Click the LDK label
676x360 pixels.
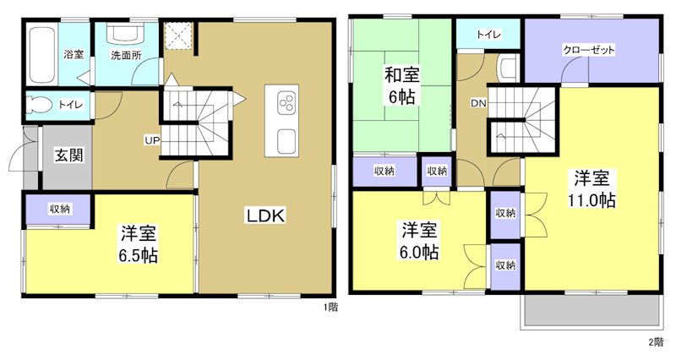[266, 215]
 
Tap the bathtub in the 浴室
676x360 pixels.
[41, 55]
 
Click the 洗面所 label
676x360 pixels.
[126, 56]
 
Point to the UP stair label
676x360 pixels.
[152, 139]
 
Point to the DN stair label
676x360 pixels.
[478, 104]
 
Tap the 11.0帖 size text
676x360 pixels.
[591, 200]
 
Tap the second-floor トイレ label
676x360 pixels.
[488, 35]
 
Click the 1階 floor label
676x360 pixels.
[330, 308]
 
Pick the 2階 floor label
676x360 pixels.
[656, 341]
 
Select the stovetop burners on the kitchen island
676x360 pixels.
[285, 105]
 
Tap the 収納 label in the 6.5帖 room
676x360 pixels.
[59, 209]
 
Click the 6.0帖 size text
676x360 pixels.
[419, 251]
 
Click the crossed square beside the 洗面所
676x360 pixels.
[180, 35]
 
